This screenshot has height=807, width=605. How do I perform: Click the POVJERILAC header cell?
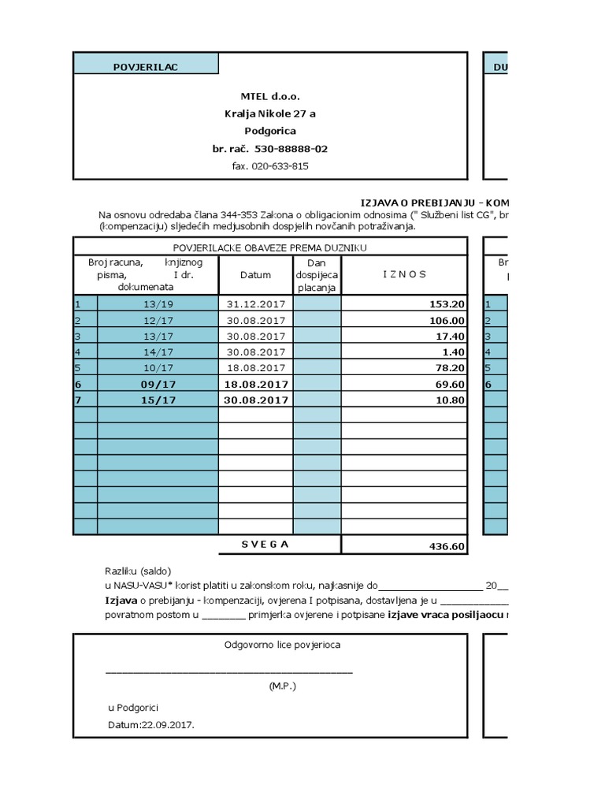pos(145,67)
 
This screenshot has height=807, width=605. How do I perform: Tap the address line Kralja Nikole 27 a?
pos(269,113)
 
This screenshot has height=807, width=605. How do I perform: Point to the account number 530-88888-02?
pos(292,148)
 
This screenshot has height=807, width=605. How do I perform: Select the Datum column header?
pos(255,275)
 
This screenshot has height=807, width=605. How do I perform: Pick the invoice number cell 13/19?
pos(158,304)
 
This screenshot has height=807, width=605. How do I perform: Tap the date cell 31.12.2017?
pos(255,304)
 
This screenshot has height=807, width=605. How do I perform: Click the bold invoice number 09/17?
pos(158,384)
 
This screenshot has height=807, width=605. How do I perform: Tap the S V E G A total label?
pos(265,545)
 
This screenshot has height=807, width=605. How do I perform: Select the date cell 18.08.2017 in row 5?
pos(255,368)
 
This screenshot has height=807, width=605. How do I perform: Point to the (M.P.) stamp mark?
pos(282,686)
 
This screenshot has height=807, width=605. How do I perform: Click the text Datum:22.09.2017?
pos(151,725)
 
